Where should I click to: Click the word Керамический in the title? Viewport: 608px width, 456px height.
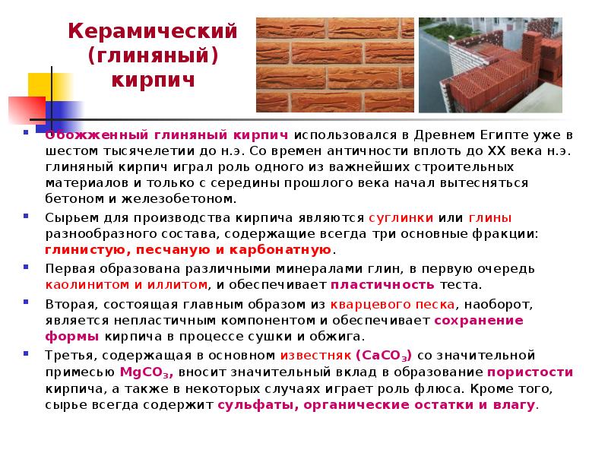point(153,31)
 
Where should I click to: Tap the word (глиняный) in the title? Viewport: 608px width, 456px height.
point(153,56)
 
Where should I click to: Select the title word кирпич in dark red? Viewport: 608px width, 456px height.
point(153,81)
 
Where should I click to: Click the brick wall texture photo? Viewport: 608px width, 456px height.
point(335,65)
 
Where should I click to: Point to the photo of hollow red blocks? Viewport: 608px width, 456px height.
point(490,65)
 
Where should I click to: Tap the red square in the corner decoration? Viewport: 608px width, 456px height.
point(27,111)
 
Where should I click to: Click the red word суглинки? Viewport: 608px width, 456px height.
point(401,218)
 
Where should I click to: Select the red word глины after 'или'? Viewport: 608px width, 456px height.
point(490,218)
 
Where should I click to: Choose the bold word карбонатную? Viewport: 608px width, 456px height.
point(280,250)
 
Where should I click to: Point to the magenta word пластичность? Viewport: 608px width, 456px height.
point(382,285)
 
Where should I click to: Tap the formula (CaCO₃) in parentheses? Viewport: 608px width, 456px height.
point(384,356)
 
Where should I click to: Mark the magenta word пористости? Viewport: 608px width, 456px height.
point(530,372)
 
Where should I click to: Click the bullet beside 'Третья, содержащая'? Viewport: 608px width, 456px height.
point(26,353)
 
